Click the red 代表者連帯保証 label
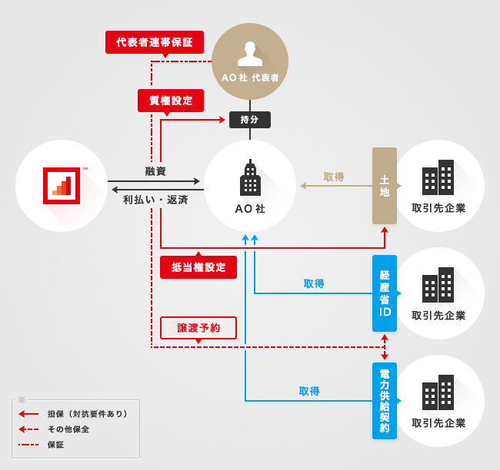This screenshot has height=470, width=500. [x=155, y=41]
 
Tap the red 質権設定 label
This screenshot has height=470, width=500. [x=171, y=101]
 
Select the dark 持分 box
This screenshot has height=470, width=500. [x=250, y=120]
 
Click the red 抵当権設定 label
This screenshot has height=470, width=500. [x=198, y=267]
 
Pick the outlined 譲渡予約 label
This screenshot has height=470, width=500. [x=198, y=327]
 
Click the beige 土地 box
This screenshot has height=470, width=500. [x=385, y=186]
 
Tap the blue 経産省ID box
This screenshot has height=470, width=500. [x=385, y=293]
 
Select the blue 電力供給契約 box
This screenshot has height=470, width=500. [x=385, y=400]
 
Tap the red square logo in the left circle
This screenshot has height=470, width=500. [x=62, y=185]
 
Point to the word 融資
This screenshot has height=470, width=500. [x=155, y=170]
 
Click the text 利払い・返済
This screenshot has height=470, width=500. [x=155, y=200]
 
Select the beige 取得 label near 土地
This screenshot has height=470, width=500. [x=334, y=177]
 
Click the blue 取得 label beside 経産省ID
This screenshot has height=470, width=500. [x=314, y=283]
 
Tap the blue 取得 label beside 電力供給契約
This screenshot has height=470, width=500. [x=309, y=391]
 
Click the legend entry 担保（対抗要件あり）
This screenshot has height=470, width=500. [x=87, y=414]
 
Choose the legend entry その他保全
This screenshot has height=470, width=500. [x=68, y=429]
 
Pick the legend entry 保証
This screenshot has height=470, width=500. [x=55, y=445]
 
